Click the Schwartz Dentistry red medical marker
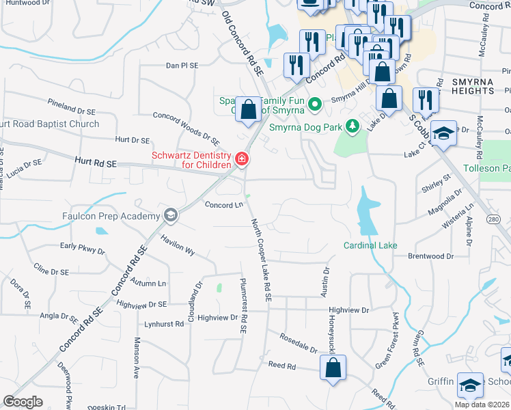pyautogui.click(x=241, y=159)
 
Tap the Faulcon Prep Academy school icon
pyautogui.click(x=170, y=216)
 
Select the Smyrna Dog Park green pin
pyautogui.click(x=353, y=126)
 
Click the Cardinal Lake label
pyautogui.click(x=370, y=245)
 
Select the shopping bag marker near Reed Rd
pyautogui.click(x=333, y=368)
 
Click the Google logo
pyautogui.click(x=23, y=402)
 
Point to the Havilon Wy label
pyautogui.click(x=178, y=245)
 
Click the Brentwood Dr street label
pyautogui.click(x=430, y=256)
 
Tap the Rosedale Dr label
pyautogui.click(x=298, y=344)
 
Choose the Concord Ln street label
pyautogui.click(x=224, y=204)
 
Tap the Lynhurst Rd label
pyautogui.click(x=164, y=325)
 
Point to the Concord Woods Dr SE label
pyautogui.click(x=186, y=128)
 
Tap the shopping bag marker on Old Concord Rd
pyautogui.click(x=249, y=109)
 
